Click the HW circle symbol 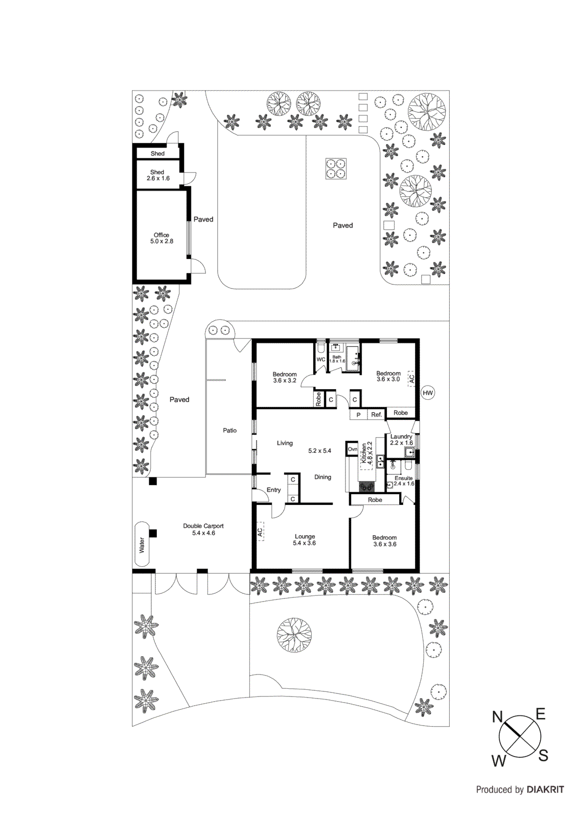tap(427, 393)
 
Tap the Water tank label tap(142, 544)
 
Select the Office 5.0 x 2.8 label tap(161, 238)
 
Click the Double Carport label tap(203, 529)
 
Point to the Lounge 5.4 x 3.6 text tap(305, 540)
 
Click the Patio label tap(229, 430)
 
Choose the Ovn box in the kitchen tap(352, 449)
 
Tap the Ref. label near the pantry tap(377, 415)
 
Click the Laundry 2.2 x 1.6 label tap(401, 440)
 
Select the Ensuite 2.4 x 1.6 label tap(403, 481)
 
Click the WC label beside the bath tap(321, 359)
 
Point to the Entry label tap(273, 490)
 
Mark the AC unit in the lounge tap(260, 532)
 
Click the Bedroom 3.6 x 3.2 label tap(285, 377)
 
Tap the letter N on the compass tap(497, 717)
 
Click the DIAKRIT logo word tap(545, 789)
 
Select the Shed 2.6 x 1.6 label tap(157, 175)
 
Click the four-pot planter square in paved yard tap(336, 169)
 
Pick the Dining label tap(322, 477)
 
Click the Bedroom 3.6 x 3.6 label tap(384, 541)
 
